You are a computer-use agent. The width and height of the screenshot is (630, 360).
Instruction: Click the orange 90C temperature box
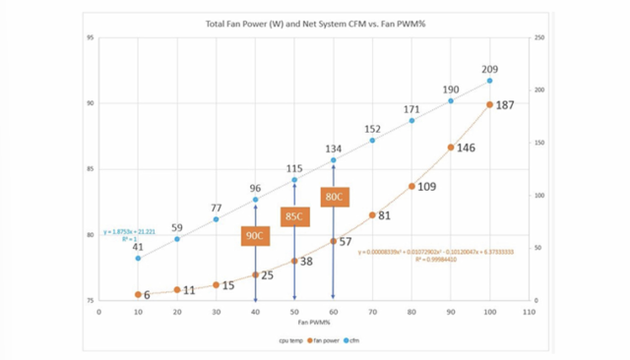click(255, 236)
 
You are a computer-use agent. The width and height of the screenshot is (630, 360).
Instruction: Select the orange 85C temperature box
click(294, 216)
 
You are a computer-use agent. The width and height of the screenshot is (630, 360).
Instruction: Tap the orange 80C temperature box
click(334, 196)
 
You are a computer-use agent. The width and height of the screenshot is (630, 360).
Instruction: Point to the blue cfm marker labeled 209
click(489, 81)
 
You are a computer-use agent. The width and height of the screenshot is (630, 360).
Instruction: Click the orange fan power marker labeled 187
click(489, 104)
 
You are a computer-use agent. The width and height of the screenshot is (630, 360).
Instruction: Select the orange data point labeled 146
click(451, 148)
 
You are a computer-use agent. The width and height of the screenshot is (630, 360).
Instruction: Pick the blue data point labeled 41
click(138, 258)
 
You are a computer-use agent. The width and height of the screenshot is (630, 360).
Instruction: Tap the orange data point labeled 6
click(138, 294)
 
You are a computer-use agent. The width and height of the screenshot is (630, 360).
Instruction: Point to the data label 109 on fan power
click(427, 186)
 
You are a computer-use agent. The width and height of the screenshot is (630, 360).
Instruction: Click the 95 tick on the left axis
click(90, 38)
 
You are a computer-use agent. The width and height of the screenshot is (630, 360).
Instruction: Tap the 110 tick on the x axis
click(529, 311)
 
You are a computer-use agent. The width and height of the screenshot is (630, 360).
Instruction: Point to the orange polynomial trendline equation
click(423, 253)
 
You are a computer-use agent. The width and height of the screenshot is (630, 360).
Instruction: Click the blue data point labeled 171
click(411, 120)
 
